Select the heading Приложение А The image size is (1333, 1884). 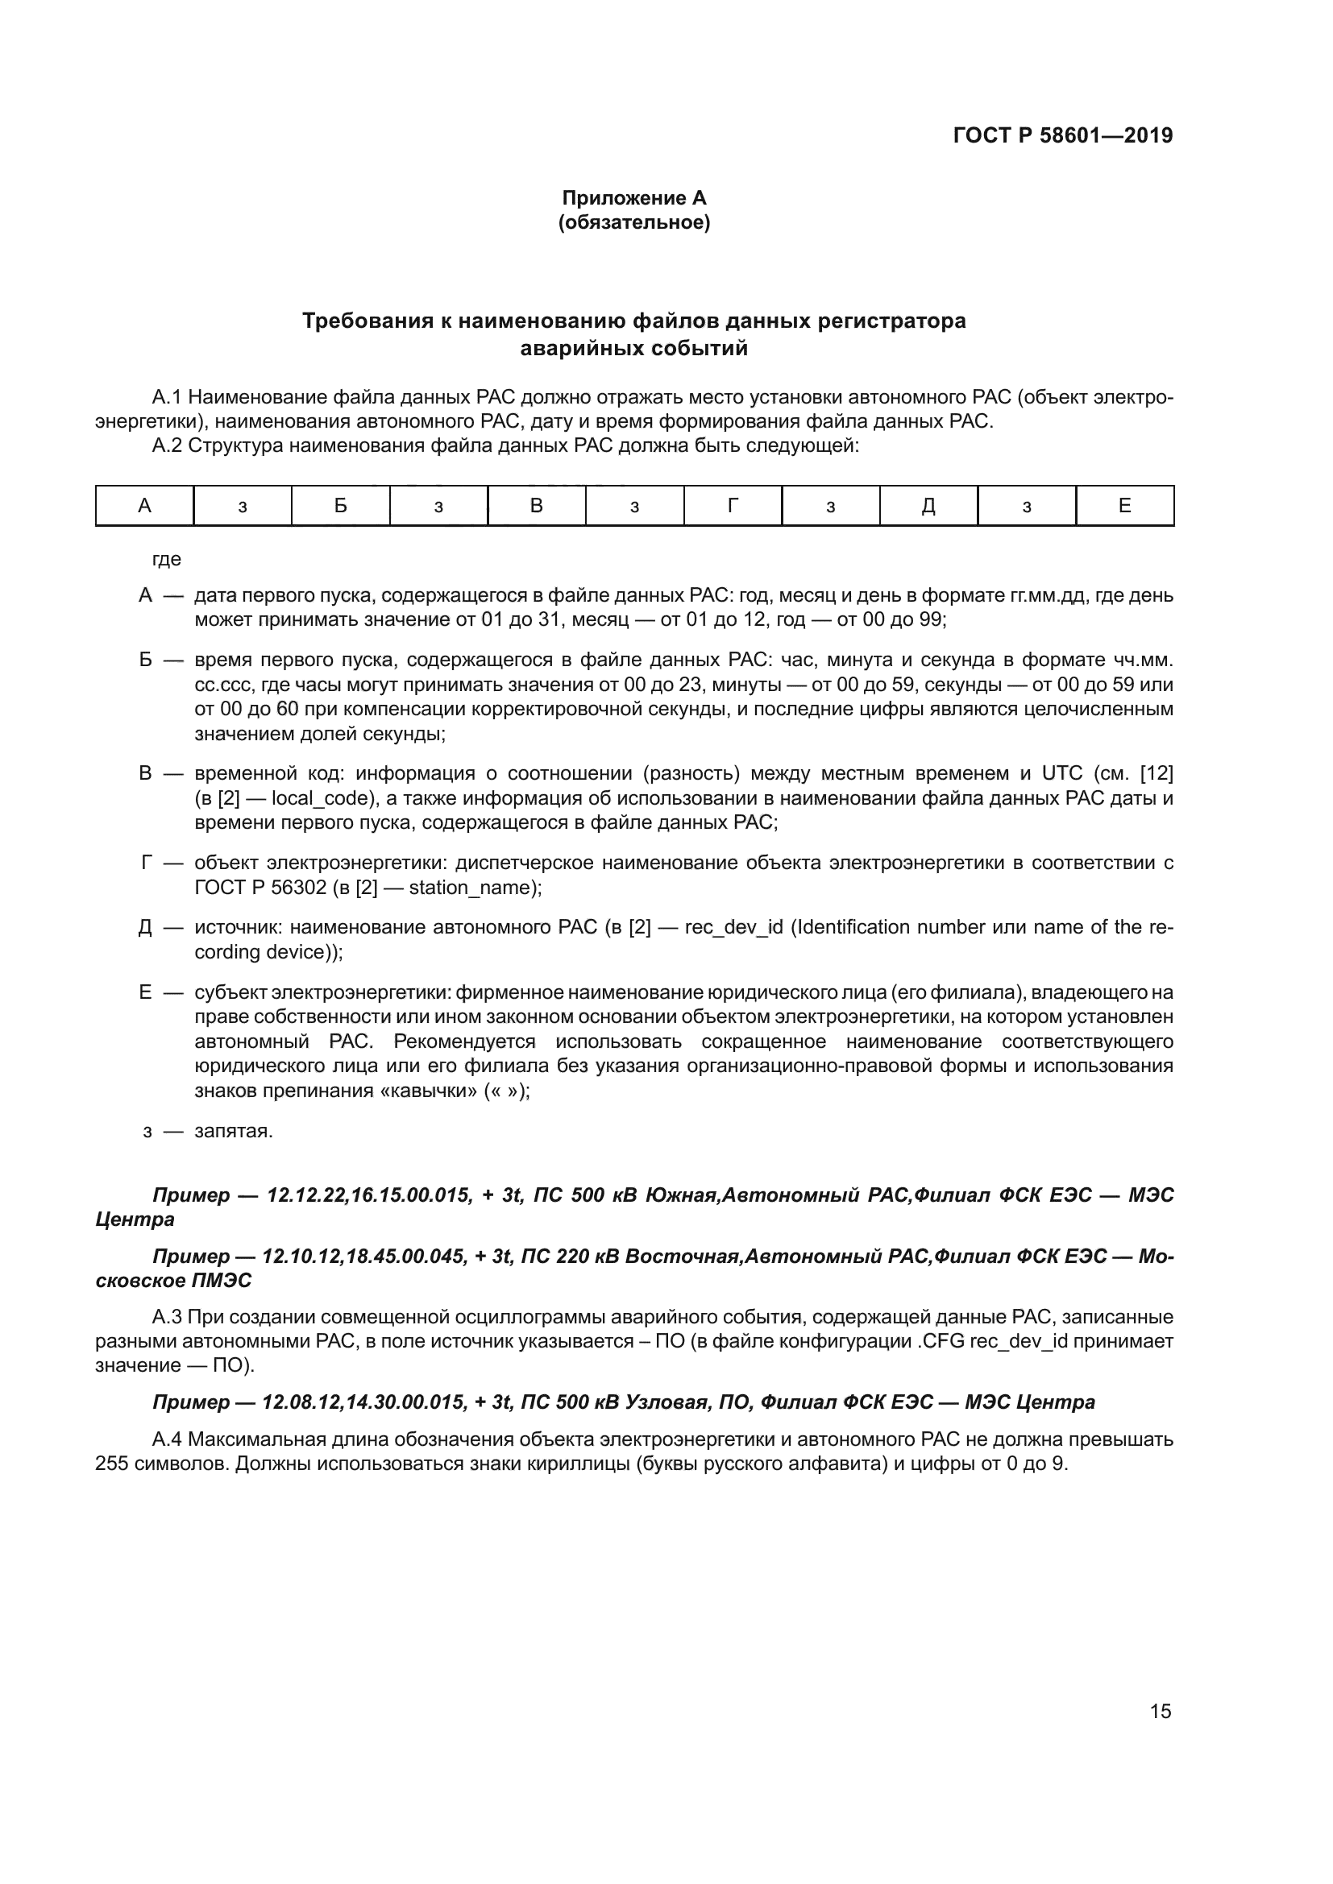(x=633, y=198)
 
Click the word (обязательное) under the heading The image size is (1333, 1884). (x=633, y=222)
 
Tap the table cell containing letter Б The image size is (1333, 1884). (x=341, y=506)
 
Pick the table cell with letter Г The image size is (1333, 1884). (x=732, y=506)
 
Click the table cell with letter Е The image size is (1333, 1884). (x=1124, y=506)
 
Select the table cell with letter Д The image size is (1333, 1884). (x=928, y=506)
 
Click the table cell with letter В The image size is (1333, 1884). (x=536, y=506)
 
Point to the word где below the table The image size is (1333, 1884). (x=167, y=560)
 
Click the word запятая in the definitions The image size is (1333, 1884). (x=233, y=1131)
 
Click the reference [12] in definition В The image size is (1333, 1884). (x=1157, y=774)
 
